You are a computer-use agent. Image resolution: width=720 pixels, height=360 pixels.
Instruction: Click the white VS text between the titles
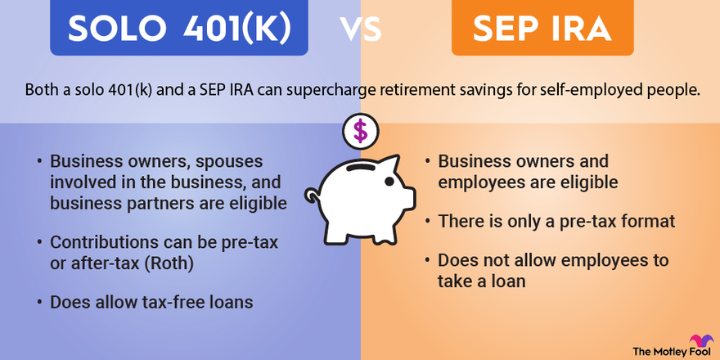point(361,29)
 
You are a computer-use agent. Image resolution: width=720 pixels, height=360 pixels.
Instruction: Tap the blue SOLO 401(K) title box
point(179,28)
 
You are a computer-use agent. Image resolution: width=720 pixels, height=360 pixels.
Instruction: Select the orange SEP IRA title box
point(542,28)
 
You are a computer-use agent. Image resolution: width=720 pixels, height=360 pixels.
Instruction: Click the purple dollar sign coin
point(361,132)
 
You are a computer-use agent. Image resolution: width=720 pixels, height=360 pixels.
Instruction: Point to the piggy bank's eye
point(389,182)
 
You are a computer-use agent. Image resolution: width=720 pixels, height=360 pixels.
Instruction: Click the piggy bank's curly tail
point(313,196)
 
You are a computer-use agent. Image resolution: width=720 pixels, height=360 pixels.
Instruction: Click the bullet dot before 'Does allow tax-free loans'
point(40,303)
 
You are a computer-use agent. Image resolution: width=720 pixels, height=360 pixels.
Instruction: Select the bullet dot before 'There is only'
point(428,222)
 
